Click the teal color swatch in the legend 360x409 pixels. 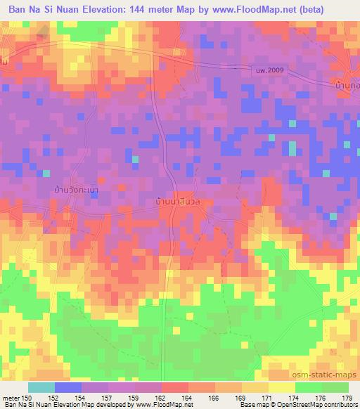pos(41,387)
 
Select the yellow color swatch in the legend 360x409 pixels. pos(281,387)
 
